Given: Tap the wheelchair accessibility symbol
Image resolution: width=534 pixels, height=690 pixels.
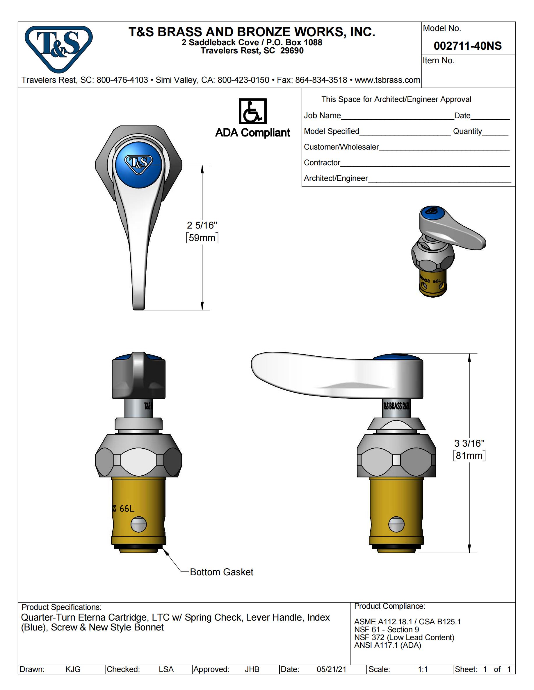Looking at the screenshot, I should coord(252,111).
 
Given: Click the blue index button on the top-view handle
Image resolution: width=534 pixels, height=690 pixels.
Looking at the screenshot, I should coord(138,165).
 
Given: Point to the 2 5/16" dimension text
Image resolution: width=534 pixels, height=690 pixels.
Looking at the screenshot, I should coord(202,225).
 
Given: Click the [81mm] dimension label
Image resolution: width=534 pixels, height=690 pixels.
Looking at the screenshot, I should coord(469,456).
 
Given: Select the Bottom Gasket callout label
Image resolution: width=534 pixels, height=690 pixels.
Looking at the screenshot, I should coord(221,572).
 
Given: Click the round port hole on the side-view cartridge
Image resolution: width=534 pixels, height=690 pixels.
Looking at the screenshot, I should coord(396,525).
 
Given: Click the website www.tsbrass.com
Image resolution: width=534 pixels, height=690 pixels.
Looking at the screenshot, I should coord(387,80).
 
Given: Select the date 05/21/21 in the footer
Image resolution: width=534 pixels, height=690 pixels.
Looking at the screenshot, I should coord(331,669).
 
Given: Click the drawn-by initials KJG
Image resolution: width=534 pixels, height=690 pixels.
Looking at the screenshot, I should coord(73,669).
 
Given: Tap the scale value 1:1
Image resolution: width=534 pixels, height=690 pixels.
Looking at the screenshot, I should coord(423,669).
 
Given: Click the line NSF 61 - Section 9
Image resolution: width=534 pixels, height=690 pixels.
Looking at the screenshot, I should coord(386,629).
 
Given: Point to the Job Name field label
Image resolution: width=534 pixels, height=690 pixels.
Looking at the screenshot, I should coord(322,116).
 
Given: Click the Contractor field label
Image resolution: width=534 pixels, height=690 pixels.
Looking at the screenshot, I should coord(322,163).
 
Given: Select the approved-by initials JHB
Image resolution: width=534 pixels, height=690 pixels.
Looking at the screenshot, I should coord(252,669).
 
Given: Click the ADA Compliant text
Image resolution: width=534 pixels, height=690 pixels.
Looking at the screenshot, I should coord(252,133).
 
